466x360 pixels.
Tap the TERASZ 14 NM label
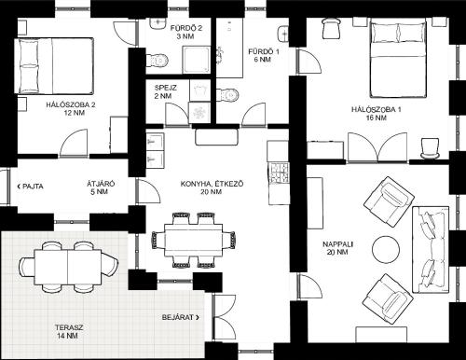[69, 331]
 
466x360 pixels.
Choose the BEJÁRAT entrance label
[181, 317]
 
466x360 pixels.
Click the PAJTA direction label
[31, 187]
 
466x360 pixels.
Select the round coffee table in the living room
[386, 249]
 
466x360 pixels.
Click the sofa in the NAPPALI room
[431, 249]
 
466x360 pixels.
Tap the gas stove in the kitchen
[280, 173]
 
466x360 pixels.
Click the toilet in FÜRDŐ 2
[157, 60]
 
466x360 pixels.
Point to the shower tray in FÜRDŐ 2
[195, 61]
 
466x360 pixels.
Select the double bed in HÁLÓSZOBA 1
[398, 57]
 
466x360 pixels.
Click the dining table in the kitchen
[194, 240]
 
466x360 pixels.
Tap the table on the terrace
[68, 267]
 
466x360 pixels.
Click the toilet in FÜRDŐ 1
[227, 94]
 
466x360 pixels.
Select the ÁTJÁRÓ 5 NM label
[100, 187]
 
